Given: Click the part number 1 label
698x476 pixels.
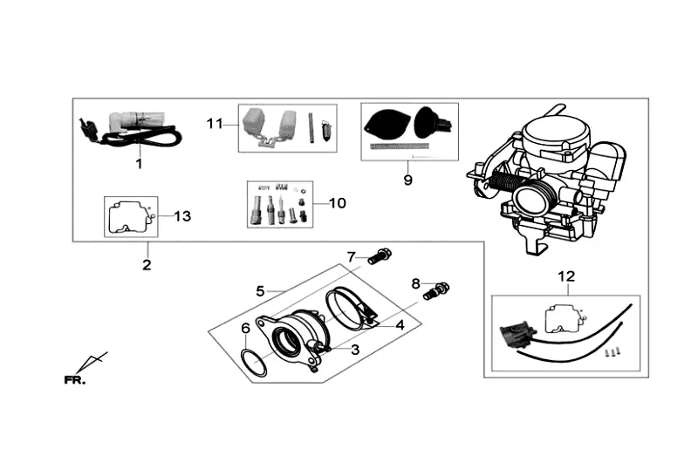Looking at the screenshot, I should pos(138,163).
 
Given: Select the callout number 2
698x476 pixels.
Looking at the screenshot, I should pos(147,264).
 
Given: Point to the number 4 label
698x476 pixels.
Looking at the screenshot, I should pos(400,324).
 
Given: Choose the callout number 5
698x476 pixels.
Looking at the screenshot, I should pos(260,290).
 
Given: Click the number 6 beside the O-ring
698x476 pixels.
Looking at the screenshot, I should pos(246,329).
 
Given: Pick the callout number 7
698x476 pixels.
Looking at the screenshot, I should pos(352,256).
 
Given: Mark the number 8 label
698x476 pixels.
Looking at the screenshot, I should pos(416,282).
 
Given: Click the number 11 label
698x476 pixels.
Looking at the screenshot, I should pos(216,123).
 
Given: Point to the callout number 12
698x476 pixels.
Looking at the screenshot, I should pos(566,276).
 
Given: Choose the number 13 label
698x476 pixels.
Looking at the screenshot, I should pos(181,215).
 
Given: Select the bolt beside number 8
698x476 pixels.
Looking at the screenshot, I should pos(436,290).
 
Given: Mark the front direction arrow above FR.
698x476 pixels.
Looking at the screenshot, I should pos(92,363).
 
